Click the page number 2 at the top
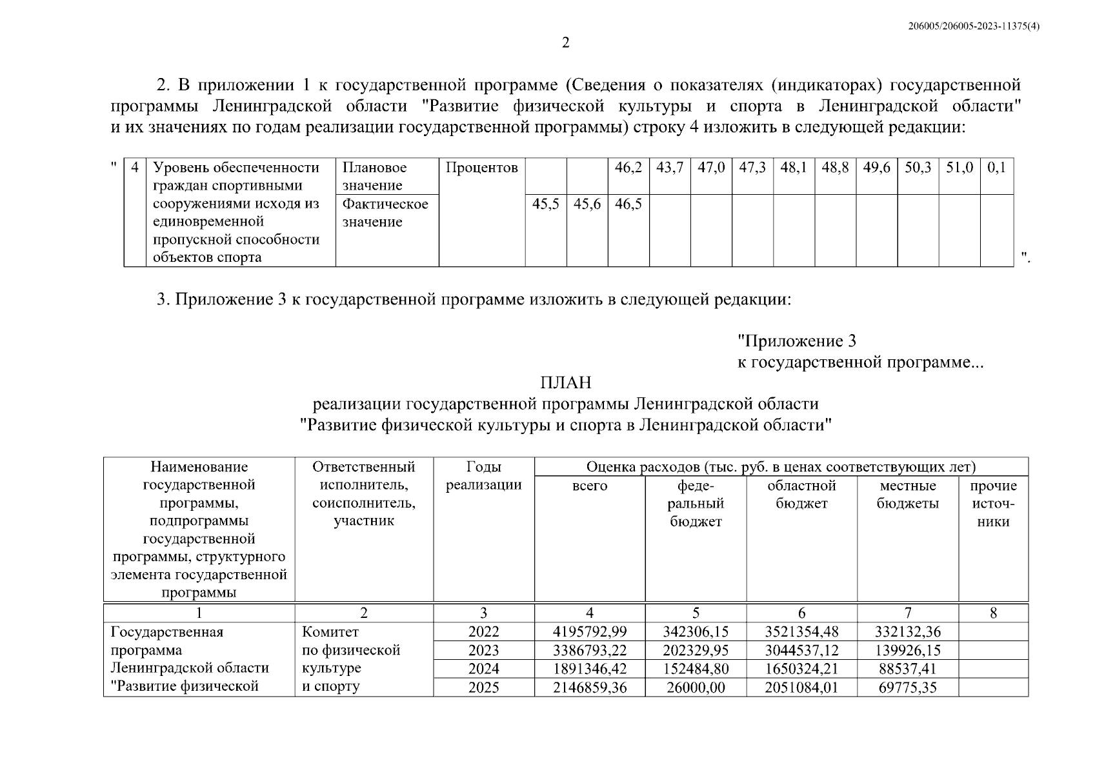pos(566,43)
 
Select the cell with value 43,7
pos(670,168)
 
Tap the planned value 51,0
pos(959,168)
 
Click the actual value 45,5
pos(545,204)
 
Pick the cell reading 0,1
pos(996,168)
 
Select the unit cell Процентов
pos(481,168)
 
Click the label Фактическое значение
pos(385,213)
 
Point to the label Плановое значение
pos(374,177)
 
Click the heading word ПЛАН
pos(565,383)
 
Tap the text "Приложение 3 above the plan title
pos(797,341)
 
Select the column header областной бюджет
pos(801,495)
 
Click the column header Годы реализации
pos(483,476)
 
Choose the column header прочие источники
pos(993,504)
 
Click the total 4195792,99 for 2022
pos(590,632)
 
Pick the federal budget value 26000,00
pos(696,688)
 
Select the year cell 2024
pos(483,669)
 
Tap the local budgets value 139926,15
pos(907,650)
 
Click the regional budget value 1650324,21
pos(801,669)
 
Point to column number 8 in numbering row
pos(993,613)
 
